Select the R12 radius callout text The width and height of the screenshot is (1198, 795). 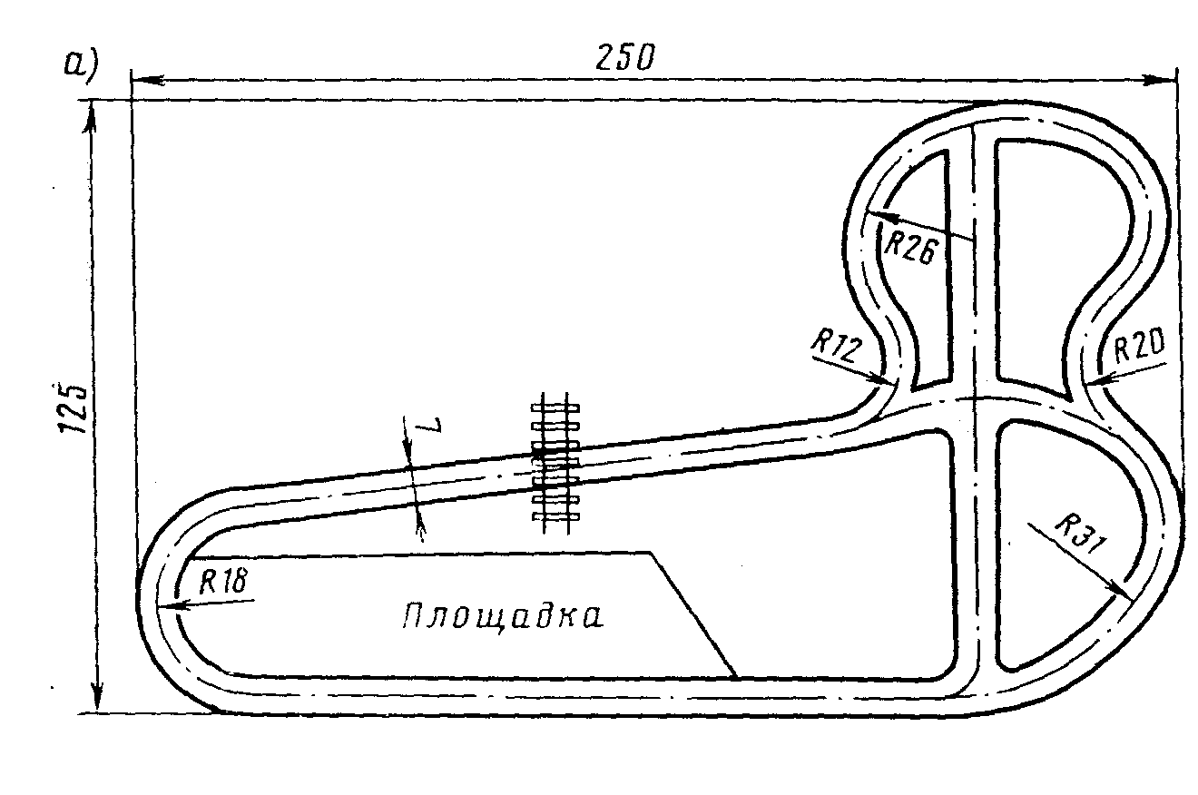point(835,347)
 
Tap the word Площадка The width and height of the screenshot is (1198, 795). point(502,616)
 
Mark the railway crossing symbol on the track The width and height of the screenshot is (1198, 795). point(555,463)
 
